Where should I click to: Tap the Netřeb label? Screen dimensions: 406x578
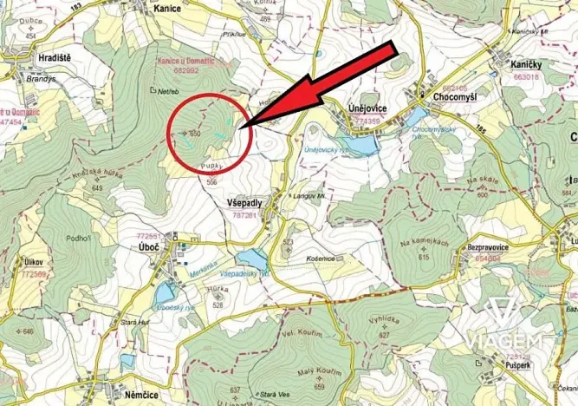pyautogui.click(x=168, y=89)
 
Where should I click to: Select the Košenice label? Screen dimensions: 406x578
pyautogui.click(x=317, y=258)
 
